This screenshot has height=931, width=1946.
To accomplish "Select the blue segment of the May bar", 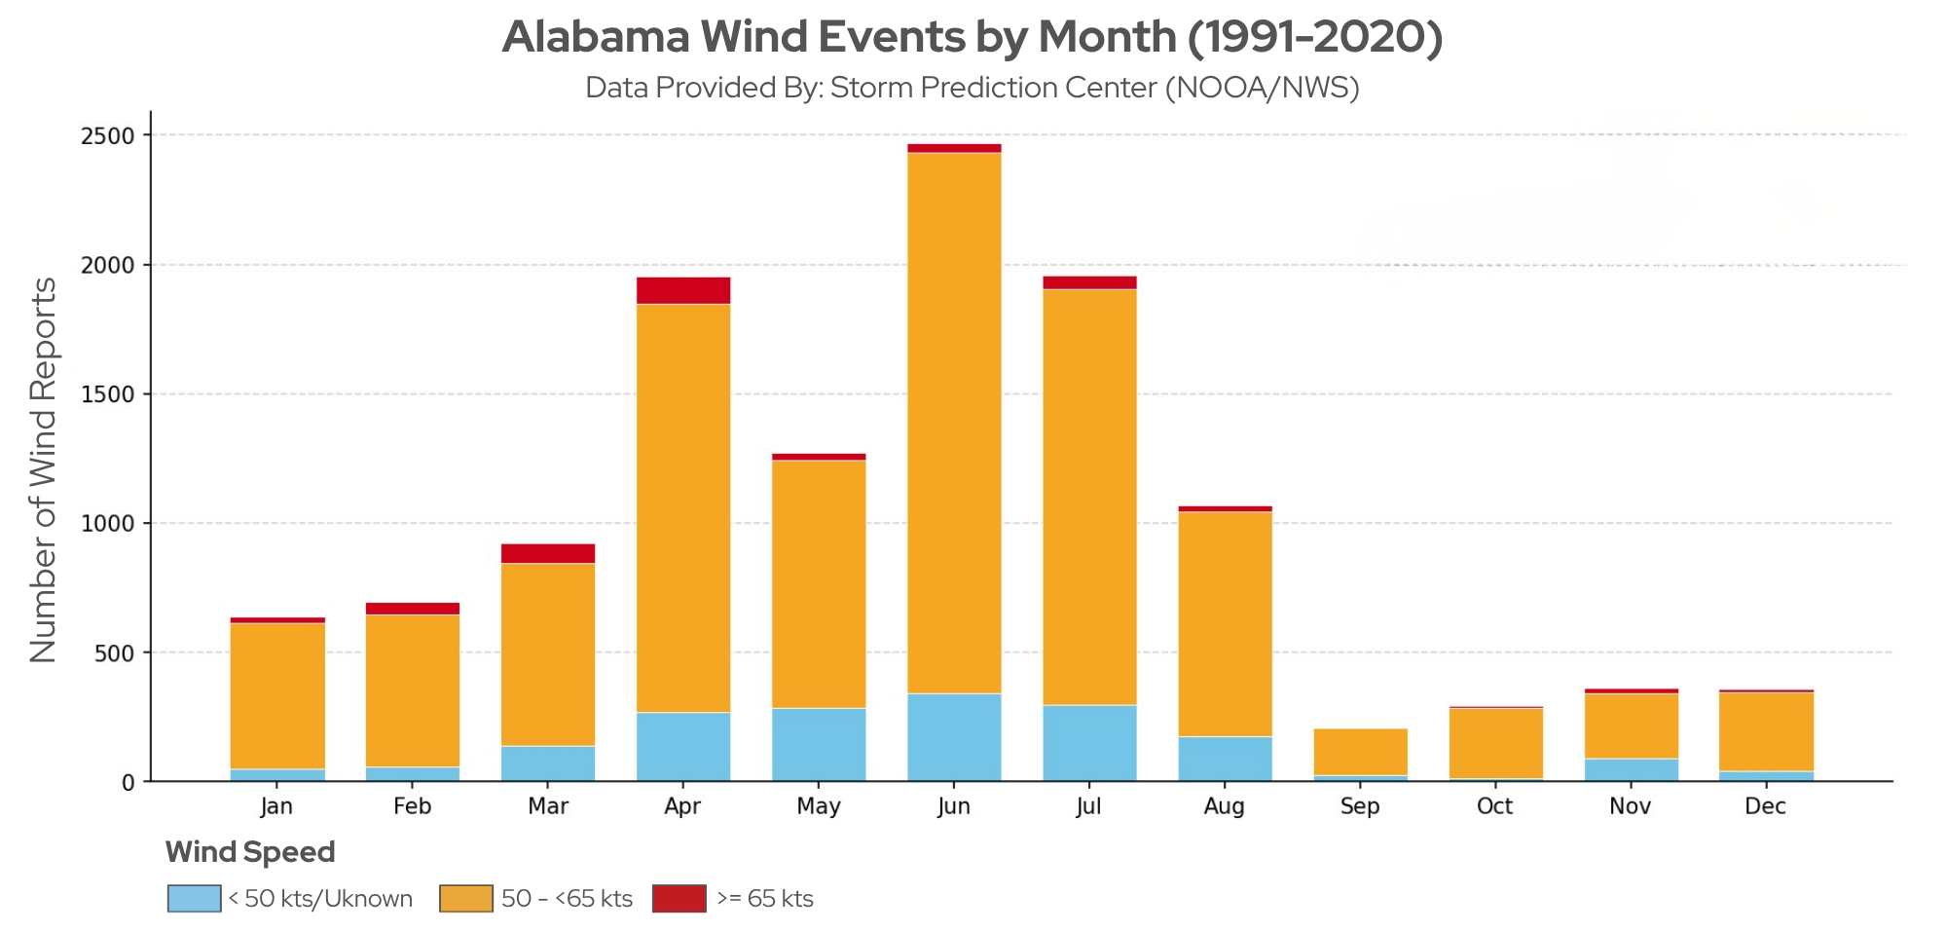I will click(819, 744).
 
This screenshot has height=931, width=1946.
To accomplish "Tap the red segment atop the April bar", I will click(683, 290).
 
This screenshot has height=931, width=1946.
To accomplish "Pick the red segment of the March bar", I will click(548, 553).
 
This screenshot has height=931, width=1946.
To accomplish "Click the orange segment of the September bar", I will click(1360, 752).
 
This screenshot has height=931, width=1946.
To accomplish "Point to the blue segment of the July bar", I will click(1089, 742).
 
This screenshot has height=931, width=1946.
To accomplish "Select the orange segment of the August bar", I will click(1225, 623).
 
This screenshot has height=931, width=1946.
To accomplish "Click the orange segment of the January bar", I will click(277, 695).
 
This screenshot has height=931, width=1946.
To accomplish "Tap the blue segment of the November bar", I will click(1631, 769).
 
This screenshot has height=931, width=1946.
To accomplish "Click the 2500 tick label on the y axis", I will click(108, 136).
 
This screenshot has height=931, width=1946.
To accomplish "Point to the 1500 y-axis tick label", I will click(108, 395).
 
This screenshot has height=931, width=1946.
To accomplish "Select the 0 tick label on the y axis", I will click(129, 783).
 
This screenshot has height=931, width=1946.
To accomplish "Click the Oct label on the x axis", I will click(1494, 806).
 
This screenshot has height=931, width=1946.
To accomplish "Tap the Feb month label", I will click(412, 806).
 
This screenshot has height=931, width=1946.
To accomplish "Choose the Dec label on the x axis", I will click(1765, 806).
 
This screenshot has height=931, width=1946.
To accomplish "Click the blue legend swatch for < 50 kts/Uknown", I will click(194, 898).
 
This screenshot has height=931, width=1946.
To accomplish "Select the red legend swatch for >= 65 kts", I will click(679, 898).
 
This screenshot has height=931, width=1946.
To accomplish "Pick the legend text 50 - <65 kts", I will click(567, 898).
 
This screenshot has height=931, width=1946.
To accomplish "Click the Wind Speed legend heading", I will click(250, 852).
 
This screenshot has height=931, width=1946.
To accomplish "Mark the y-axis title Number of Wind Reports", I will click(44, 469).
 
